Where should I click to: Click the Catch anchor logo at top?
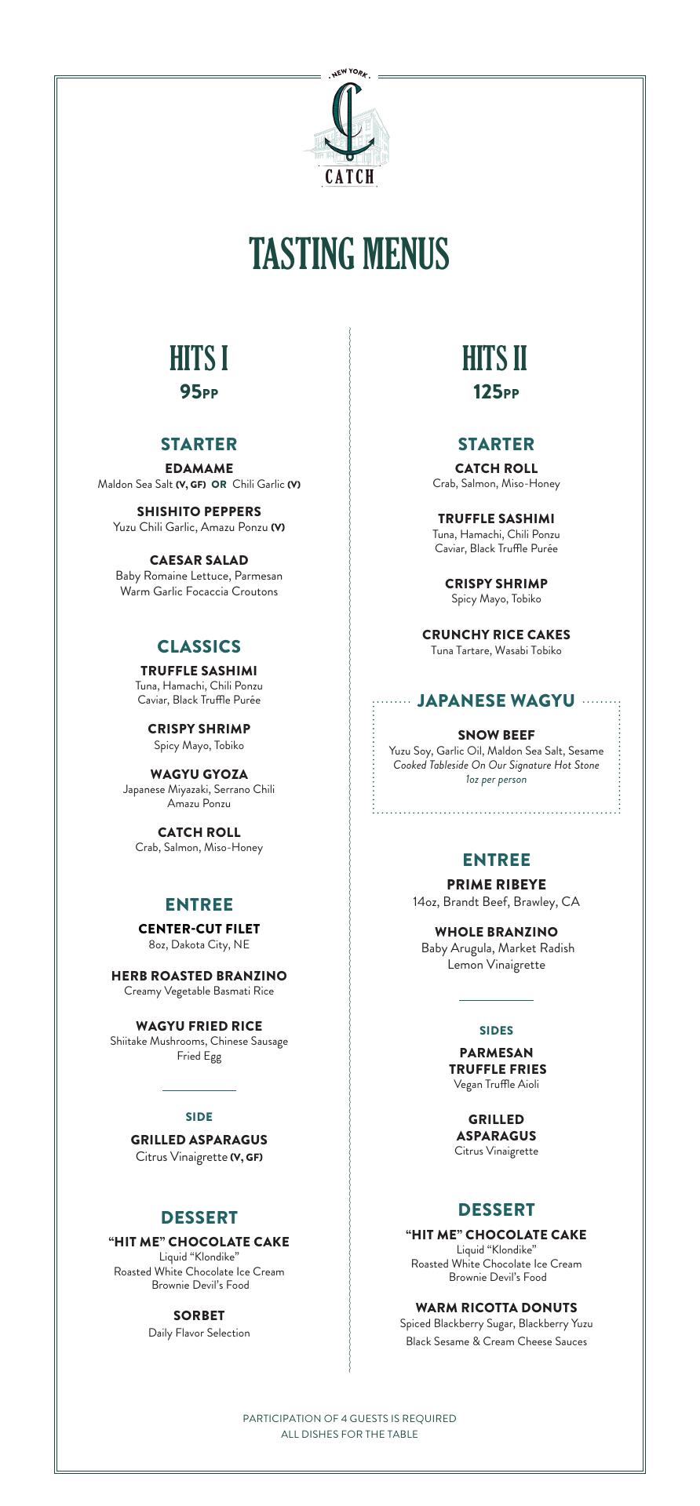tap(349, 125)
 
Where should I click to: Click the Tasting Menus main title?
tap(349, 253)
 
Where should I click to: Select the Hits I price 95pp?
tap(199, 391)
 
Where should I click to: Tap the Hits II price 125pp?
tap(496, 391)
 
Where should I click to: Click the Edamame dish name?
tap(199, 468)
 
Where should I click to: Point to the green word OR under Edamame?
tap(219, 485)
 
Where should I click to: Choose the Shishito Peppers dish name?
tap(199, 511)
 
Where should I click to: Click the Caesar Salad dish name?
tap(199, 560)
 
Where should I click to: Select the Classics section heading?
tap(199, 646)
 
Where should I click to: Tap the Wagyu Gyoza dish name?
tap(199, 774)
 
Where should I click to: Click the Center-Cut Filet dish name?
tap(199, 929)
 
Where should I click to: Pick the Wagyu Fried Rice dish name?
tap(199, 1026)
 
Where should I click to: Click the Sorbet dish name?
tap(199, 1315)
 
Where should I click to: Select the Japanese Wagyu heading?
tap(496, 700)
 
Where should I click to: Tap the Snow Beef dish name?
tap(496, 735)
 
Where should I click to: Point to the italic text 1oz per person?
tap(496, 780)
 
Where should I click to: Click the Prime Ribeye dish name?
tap(496, 884)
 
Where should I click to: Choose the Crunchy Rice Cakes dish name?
tap(496, 635)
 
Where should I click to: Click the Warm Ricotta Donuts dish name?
tap(496, 1308)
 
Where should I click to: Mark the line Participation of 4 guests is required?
tap(349, 1418)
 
